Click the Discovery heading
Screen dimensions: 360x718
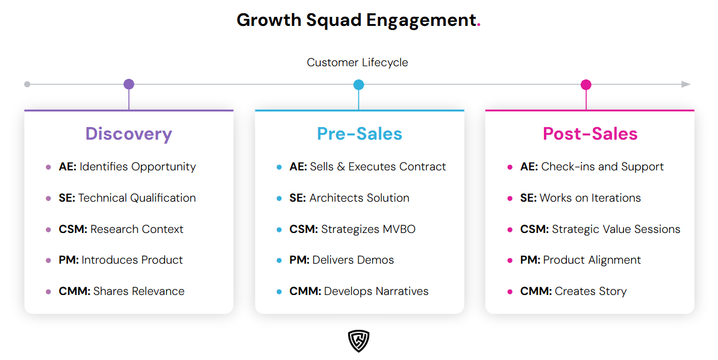(x=128, y=134)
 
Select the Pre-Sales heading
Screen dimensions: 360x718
(x=359, y=134)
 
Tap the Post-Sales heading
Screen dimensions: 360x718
(x=590, y=134)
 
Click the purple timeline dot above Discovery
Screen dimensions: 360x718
(x=128, y=84)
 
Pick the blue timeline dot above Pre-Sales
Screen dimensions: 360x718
(x=358, y=84)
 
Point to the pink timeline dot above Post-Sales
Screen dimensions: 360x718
(x=585, y=84)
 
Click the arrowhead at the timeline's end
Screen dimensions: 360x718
(x=685, y=84)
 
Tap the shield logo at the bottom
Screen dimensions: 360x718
(x=358, y=341)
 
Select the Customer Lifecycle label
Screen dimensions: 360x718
(x=357, y=63)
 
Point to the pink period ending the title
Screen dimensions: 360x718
(x=479, y=25)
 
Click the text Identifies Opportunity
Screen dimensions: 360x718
(x=137, y=167)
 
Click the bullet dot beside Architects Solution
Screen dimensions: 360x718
(x=279, y=198)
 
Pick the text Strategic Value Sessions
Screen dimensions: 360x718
(x=616, y=229)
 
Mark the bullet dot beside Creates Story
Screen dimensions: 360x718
(x=510, y=291)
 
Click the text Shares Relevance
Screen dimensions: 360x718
(x=139, y=291)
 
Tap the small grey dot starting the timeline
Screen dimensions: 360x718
(x=27, y=84)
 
